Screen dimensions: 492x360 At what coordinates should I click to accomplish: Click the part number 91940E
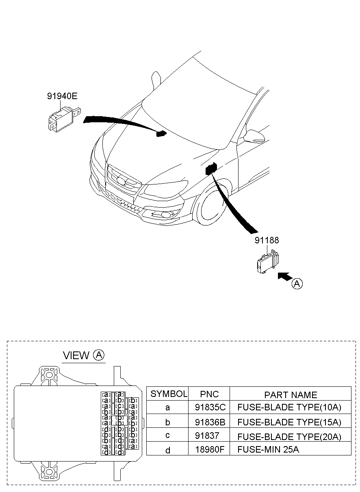(x=62, y=96)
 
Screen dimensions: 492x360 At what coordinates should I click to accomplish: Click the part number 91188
(x=267, y=241)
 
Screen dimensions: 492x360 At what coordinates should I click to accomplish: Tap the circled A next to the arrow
(x=297, y=284)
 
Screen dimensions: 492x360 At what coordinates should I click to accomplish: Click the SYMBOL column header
(x=169, y=394)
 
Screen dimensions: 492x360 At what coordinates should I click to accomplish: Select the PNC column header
(x=209, y=394)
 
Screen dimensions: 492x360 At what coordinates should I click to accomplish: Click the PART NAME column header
(x=291, y=394)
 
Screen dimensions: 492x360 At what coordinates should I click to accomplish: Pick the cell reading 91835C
(x=210, y=407)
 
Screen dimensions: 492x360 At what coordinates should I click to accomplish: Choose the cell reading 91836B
(x=210, y=422)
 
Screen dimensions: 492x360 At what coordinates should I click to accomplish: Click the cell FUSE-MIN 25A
(x=268, y=449)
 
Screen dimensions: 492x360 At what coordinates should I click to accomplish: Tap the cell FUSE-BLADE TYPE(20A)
(x=289, y=436)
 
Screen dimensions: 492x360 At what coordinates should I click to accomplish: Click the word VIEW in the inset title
(x=76, y=355)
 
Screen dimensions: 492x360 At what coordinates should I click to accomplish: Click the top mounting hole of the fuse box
(x=49, y=374)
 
